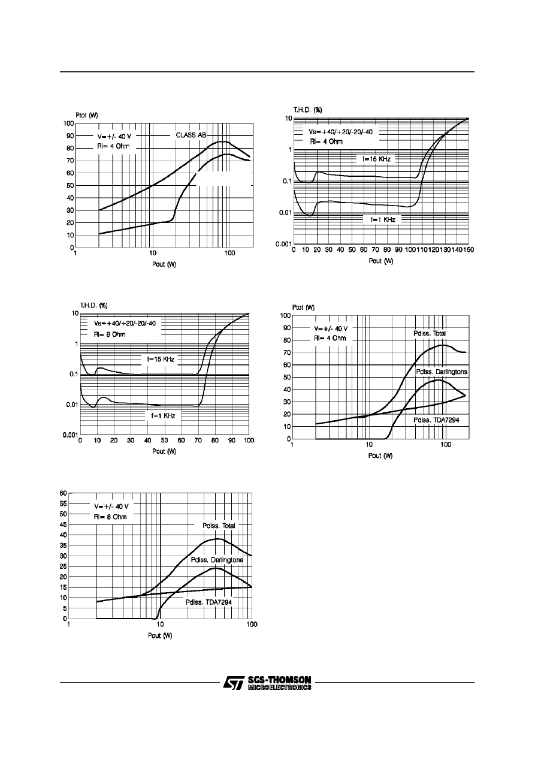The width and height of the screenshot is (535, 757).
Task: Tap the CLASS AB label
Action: pos(191,135)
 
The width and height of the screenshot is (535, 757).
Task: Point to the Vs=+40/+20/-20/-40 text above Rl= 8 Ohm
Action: pos(124,323)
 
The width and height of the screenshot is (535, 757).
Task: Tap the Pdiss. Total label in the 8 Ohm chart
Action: pos(219,525)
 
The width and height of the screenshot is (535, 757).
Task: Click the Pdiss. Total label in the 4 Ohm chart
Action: pos(430,333)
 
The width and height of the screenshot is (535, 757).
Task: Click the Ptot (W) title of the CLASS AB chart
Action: pos(87,114)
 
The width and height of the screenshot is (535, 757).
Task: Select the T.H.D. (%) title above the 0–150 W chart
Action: pos(308,110)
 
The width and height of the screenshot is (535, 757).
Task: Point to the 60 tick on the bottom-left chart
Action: pos(62,493)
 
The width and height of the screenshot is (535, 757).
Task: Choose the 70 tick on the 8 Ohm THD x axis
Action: pos(198,441)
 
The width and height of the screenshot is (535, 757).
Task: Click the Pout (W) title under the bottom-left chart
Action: pos(161,635)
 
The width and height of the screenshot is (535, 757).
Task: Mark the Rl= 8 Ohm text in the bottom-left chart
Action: pos(110,516)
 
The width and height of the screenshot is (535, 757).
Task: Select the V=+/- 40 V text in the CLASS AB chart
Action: pos(109,135)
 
